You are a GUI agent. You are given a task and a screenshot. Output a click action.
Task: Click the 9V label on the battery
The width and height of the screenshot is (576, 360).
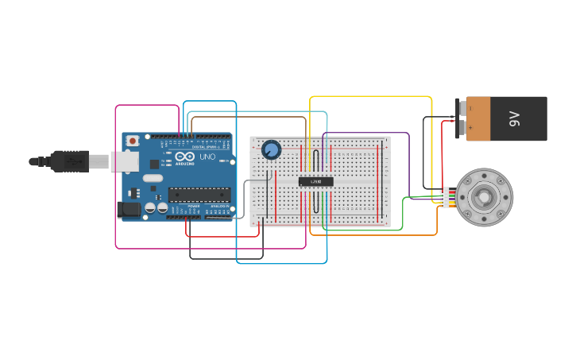(x=514, y=119)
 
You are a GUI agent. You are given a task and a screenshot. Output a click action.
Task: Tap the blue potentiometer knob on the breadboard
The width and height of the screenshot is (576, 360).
(x=271, y=149)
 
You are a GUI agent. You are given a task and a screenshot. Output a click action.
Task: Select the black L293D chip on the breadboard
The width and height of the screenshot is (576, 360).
(x=315, y=181)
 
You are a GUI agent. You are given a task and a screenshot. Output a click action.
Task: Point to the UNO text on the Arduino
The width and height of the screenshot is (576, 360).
(x=207, y=157)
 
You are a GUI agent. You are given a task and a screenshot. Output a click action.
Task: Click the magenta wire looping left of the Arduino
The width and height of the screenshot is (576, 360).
(x=116, y=183)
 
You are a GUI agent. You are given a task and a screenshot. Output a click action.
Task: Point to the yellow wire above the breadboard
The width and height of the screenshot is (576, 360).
(x=369, y=97)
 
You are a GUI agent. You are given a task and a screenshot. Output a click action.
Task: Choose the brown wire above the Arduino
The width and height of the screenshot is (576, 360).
(x=246, y=118)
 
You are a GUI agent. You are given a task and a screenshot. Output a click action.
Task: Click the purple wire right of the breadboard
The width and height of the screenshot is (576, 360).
(x=408, y=159)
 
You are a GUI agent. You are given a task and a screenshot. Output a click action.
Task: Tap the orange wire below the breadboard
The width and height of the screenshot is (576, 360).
(x=373, y=235)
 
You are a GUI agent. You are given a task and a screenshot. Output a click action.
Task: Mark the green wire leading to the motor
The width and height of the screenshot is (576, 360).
(x=402, y=215)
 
